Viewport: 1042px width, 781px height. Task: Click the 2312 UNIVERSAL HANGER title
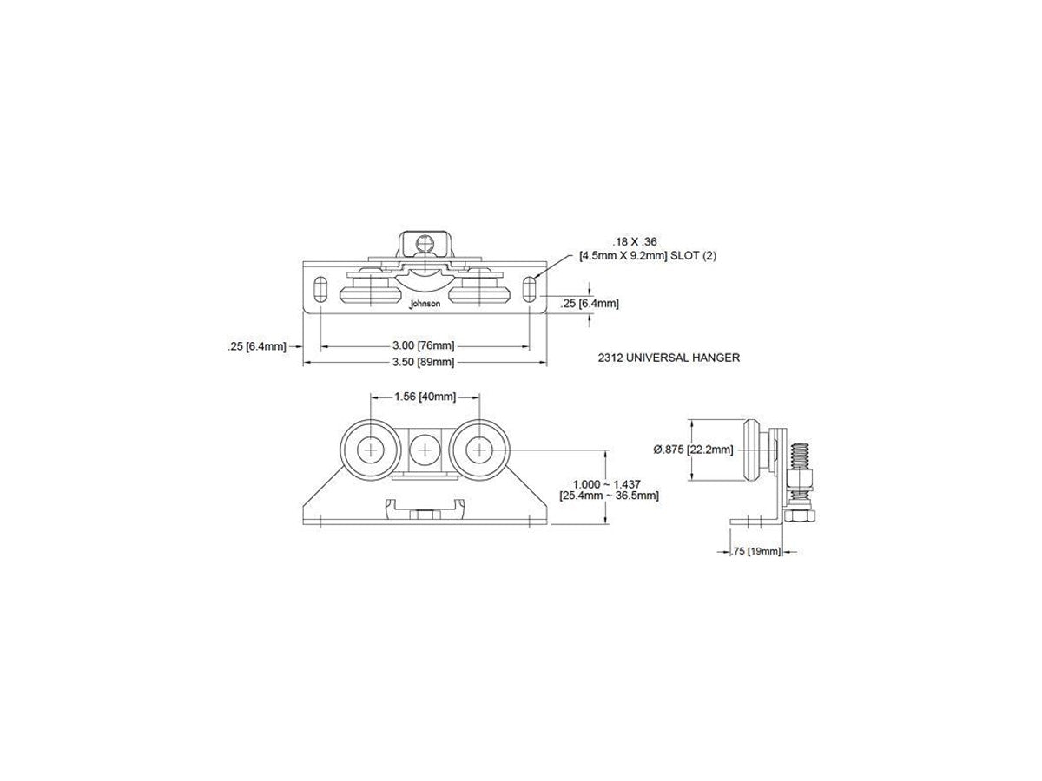pos(669,358)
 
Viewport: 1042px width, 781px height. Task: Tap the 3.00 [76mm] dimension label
pos(423,345)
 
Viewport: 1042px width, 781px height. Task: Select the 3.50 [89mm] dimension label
pos(423,362)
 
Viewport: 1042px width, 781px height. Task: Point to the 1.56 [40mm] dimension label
pos(425,397)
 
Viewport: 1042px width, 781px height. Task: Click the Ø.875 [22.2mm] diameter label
pos(693,449)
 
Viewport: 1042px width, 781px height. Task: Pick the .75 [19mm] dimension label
pos(756,551)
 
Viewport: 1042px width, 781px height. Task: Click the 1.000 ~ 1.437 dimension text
pos(607,484)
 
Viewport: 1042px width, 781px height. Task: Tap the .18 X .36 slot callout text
pos(634,242)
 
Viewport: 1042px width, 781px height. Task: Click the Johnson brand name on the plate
pos(425,304)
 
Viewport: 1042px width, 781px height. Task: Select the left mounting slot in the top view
pos(320,288)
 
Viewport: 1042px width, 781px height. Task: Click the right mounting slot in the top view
pos(530,289)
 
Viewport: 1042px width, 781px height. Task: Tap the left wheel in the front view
pos(370,449)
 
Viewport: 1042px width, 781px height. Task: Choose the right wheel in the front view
pos(479,449)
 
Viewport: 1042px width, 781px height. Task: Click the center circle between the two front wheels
pos(425,450)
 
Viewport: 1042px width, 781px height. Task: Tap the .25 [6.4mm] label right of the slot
pos(590,304)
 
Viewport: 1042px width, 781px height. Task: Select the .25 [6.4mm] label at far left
pos(257,346)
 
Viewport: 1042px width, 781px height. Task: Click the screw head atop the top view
pos(425,244)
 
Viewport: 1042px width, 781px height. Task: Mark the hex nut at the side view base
pos(801,516)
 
